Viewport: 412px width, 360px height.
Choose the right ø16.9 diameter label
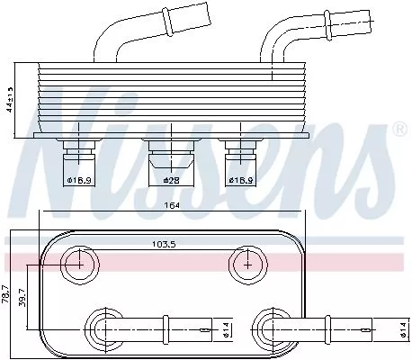click(x=240, y=181)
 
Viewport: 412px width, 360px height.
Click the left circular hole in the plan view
click(x=80, y=264)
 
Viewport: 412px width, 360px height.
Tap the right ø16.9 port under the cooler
click(x=238, y=155)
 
